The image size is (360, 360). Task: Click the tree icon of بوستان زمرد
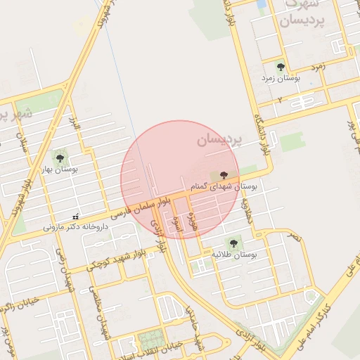pos(281,67)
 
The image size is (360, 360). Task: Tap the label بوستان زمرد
pos(281,79)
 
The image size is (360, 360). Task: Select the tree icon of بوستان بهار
pos(59,157)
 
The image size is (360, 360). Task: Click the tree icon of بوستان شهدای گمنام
pos(224,175)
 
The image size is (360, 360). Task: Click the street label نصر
pos(294,238)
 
